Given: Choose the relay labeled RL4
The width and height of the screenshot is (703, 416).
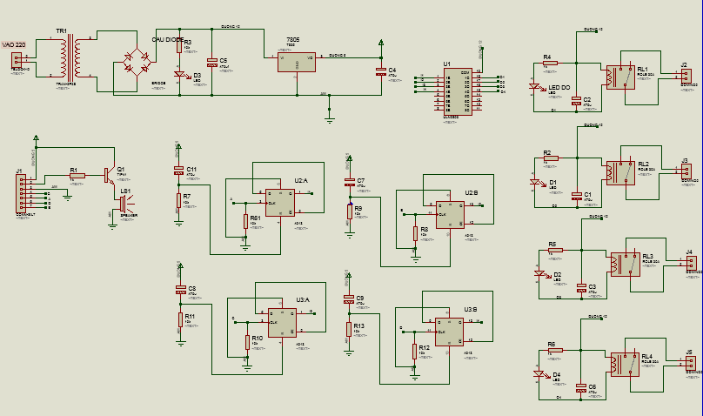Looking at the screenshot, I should tap(625, 363).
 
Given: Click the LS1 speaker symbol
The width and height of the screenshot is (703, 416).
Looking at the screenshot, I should tap(124, 204).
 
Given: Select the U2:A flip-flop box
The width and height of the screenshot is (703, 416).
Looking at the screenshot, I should tap(279, 202).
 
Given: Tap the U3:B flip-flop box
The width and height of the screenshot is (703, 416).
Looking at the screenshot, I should tap(449, 331).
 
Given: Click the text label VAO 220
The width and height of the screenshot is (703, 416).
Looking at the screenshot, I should tap(14, 44).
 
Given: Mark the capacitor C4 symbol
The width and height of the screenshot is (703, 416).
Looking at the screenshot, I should tap(380, 71).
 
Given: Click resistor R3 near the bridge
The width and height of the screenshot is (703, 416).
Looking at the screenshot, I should tap(179, 44).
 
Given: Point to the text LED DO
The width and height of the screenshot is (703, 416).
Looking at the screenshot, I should tap(559, 87).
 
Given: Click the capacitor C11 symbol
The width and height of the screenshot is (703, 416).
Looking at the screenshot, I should tap(178, 170).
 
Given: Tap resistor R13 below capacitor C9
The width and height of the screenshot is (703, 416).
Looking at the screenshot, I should tap(348, 329).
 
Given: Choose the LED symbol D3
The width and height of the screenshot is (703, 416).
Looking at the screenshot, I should tap(179, 75).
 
